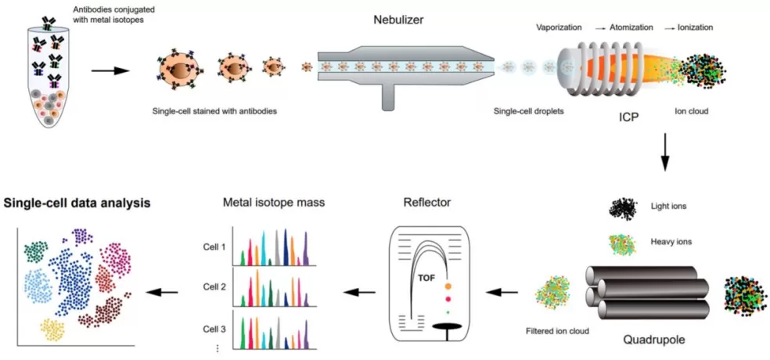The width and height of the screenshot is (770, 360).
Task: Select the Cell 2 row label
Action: point(214,287)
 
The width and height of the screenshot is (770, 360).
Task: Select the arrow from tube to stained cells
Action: point(109,71)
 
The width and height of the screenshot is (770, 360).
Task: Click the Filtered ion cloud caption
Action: point(556,331)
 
